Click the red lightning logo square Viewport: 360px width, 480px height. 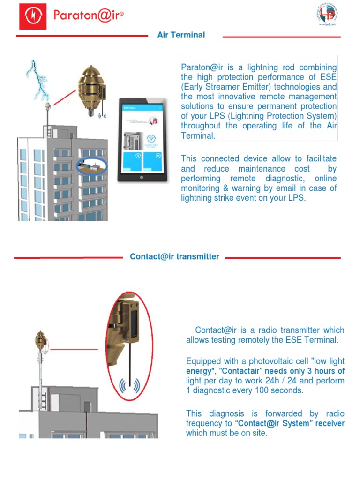pos(32,16)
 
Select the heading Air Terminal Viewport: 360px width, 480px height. pos(181,35)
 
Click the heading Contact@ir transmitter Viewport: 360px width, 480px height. pos(174,257)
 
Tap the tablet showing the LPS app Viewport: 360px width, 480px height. pos(142,139)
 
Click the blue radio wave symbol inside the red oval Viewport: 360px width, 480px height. pos(129,386)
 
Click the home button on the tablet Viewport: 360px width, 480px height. pos(141,178)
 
